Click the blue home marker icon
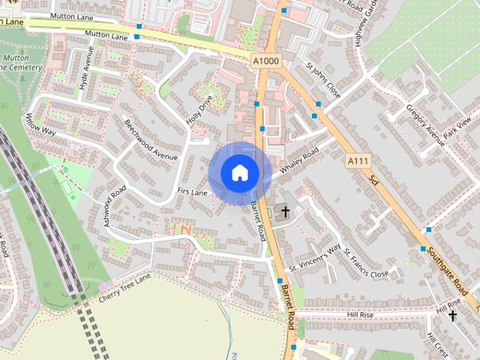pos(239,172)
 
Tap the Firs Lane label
pos(192,193)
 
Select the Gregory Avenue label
pos(426,124)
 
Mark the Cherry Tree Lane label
pos(124,288)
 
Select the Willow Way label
pos(40,124)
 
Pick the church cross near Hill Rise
pos(452,316)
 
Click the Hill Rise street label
pos(360,314)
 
